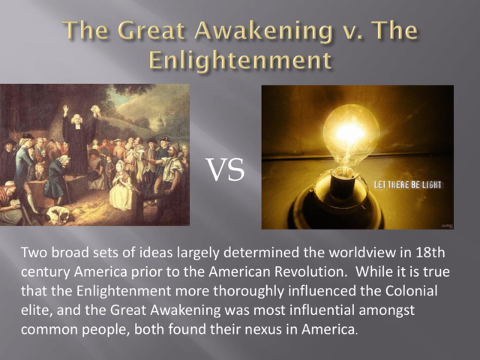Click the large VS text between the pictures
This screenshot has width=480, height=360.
225,170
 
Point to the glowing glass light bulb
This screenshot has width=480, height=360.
349,135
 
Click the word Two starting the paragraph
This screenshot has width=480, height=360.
33,253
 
